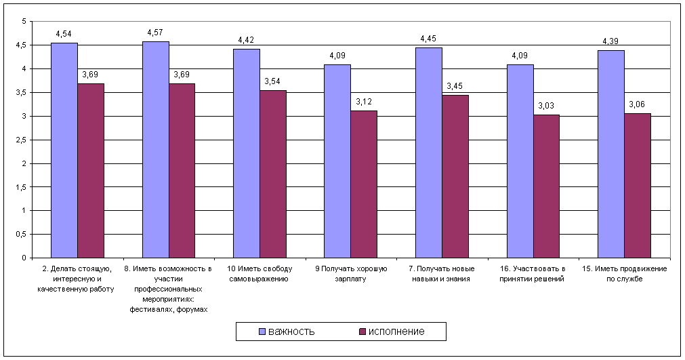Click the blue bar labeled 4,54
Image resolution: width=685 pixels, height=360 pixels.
(x=64, y=151)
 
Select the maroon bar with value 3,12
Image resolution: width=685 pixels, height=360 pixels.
(x=364, y=184)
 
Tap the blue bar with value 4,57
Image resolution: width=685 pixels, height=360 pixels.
(x=156, y=149)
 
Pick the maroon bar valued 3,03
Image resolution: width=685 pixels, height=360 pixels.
(x=546, y=186)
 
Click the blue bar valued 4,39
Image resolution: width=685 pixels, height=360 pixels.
(x=611, y=154)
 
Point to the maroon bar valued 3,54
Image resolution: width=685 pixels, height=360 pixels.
(x=273, y=174)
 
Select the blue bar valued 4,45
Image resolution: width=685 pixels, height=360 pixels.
(x=429, y=153)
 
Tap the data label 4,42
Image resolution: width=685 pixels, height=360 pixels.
(x=246, y=40)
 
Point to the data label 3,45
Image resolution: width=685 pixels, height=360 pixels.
(x=455, y=86)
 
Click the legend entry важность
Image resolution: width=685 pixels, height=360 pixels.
(x=287, y=332)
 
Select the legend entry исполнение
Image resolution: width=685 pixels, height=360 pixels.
(x=392, y=332)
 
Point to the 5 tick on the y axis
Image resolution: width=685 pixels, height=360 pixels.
(x=24, y=22)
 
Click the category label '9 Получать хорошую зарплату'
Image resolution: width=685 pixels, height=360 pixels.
(x=351, y=274)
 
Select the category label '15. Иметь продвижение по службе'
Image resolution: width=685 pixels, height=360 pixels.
(x=624, y=274)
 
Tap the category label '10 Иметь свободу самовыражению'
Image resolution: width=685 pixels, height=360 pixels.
(x=260, y=274)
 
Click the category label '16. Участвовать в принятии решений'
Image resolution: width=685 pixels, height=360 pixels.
(x=533, y=274)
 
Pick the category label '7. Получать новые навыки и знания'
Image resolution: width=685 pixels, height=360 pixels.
(x=442, y=274)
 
